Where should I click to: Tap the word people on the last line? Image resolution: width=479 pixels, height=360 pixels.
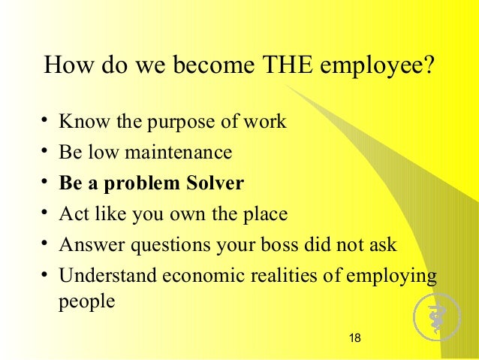pos(86,303)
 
